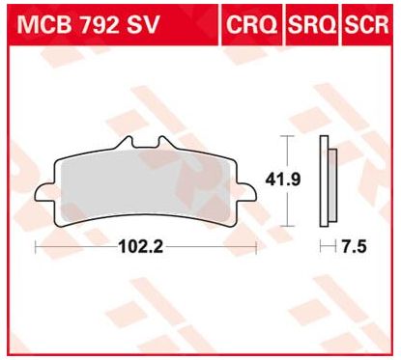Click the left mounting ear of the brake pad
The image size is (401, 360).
pos(43,190)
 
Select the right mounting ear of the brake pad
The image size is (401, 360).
pos(249,190)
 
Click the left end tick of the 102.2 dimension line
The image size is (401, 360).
pos(36,248)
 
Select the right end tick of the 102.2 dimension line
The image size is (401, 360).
pos(256,248)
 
